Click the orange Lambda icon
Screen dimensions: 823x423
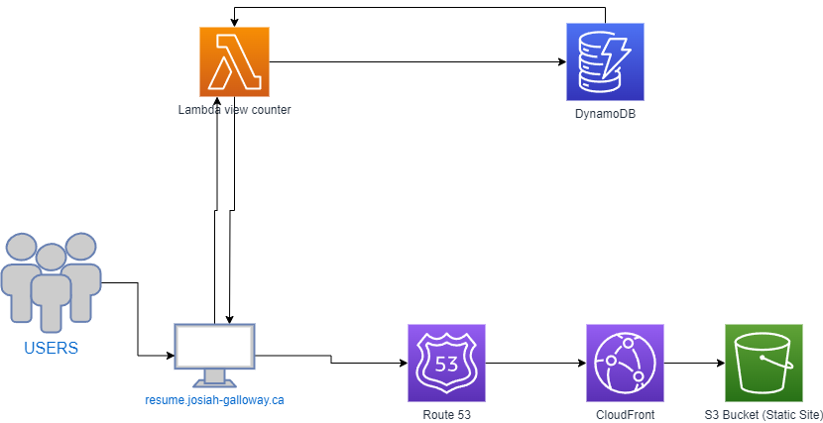pyautogui.click(x=234, y=61)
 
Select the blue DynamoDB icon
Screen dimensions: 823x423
pyautogui.click(x=605, y=61)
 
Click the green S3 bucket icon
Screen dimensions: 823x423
pyautogui.click(x=764, y=363)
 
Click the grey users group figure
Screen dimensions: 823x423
pyautogui.click(x=51, y=282)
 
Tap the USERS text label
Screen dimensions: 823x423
pyautogui.click(x=51, y=348)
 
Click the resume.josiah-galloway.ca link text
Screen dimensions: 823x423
pyautogui.click(x=214, y=400)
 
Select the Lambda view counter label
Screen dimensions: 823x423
pyautogui.click(x=234, y=110)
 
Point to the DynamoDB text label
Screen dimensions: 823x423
pyautogui.click(x=605, y=114)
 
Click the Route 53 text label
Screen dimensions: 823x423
pyautogui.click(x=446, y=415)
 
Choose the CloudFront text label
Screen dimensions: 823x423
pyautogui.click(x=625, y=415)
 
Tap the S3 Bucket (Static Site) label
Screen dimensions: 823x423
pyautogui.click(x=764, y=415)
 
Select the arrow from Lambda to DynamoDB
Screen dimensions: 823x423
pyautogui.click(x=417, y=61)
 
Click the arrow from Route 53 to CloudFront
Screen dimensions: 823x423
pyautogui.click(x=535, y=363)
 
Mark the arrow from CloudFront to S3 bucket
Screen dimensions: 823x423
pyautogui.click(x=694, y=363)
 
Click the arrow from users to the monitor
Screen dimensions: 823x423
pyautogui.click(x=138, y=319)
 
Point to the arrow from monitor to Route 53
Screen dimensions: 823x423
pyautogui.click(x=331, y=360)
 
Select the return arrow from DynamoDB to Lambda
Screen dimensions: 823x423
pyautogui.click(x=419, y=7)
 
